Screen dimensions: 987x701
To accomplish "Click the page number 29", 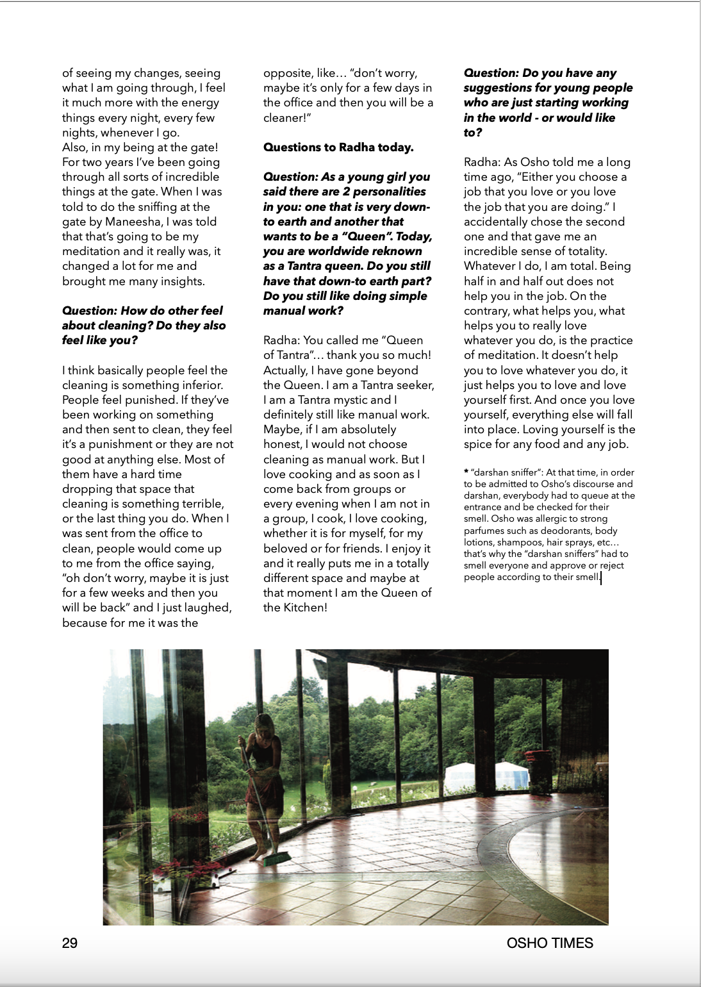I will point(70,943).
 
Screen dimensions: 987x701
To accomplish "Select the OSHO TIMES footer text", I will point(550,943).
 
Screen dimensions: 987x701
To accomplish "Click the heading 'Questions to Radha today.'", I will point(338,147).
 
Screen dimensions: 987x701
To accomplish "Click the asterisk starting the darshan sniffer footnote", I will point(466,472).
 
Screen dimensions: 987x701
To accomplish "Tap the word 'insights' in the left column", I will point(183,281).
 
